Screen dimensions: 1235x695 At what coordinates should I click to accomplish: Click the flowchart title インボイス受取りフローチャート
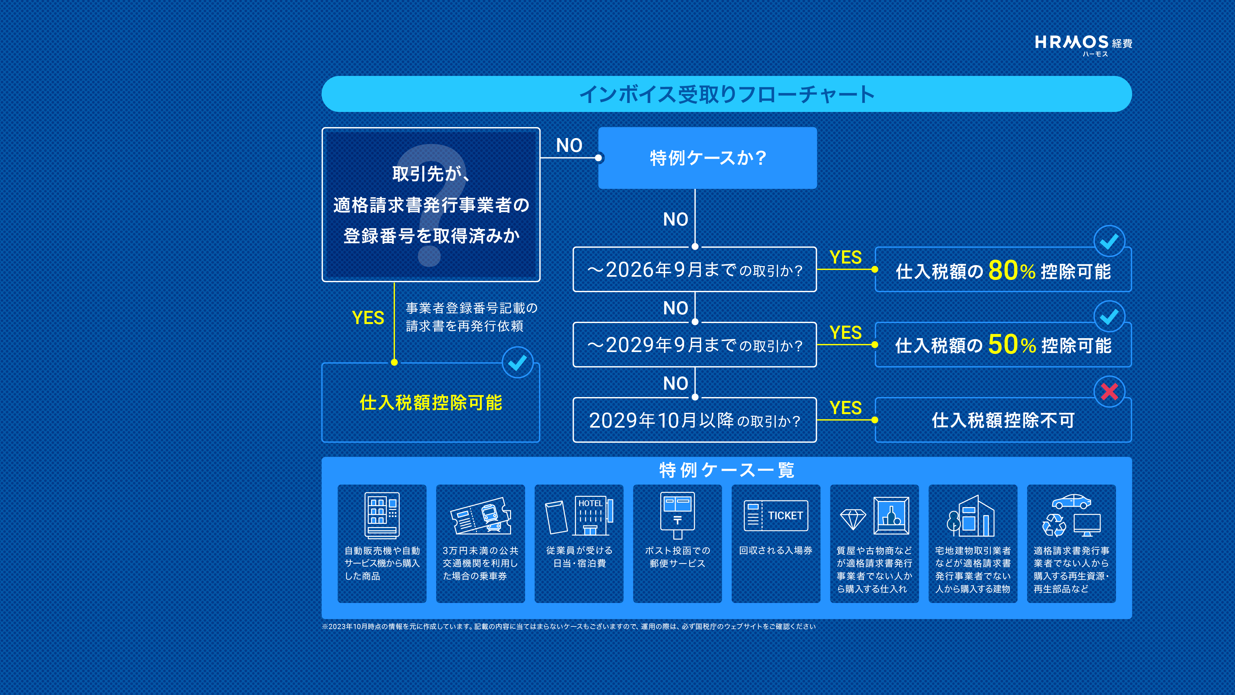pyautogui.click(x=727, y=94)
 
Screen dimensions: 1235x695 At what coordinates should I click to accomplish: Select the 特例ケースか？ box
pyautogui.click(x=707, y=158)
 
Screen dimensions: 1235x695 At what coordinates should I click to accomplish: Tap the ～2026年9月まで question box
pyautogui.click(x=695, y=270)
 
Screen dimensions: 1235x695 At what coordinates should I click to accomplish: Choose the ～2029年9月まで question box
pyautogui.click(x=695, y=345)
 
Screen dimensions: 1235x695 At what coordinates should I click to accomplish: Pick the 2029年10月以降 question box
pyautogui.click(x=695, y=420)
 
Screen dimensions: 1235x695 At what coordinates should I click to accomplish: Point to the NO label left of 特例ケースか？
pyautogui.click(x=569, y=145)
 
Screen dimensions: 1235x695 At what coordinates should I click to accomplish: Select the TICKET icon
pyautogui.click(x=776, y=515)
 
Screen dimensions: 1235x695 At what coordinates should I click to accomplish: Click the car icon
pyautogui.click(x=1072, y=502)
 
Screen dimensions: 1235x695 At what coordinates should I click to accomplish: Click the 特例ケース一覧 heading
pyautogui.click(x=727, y=470)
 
